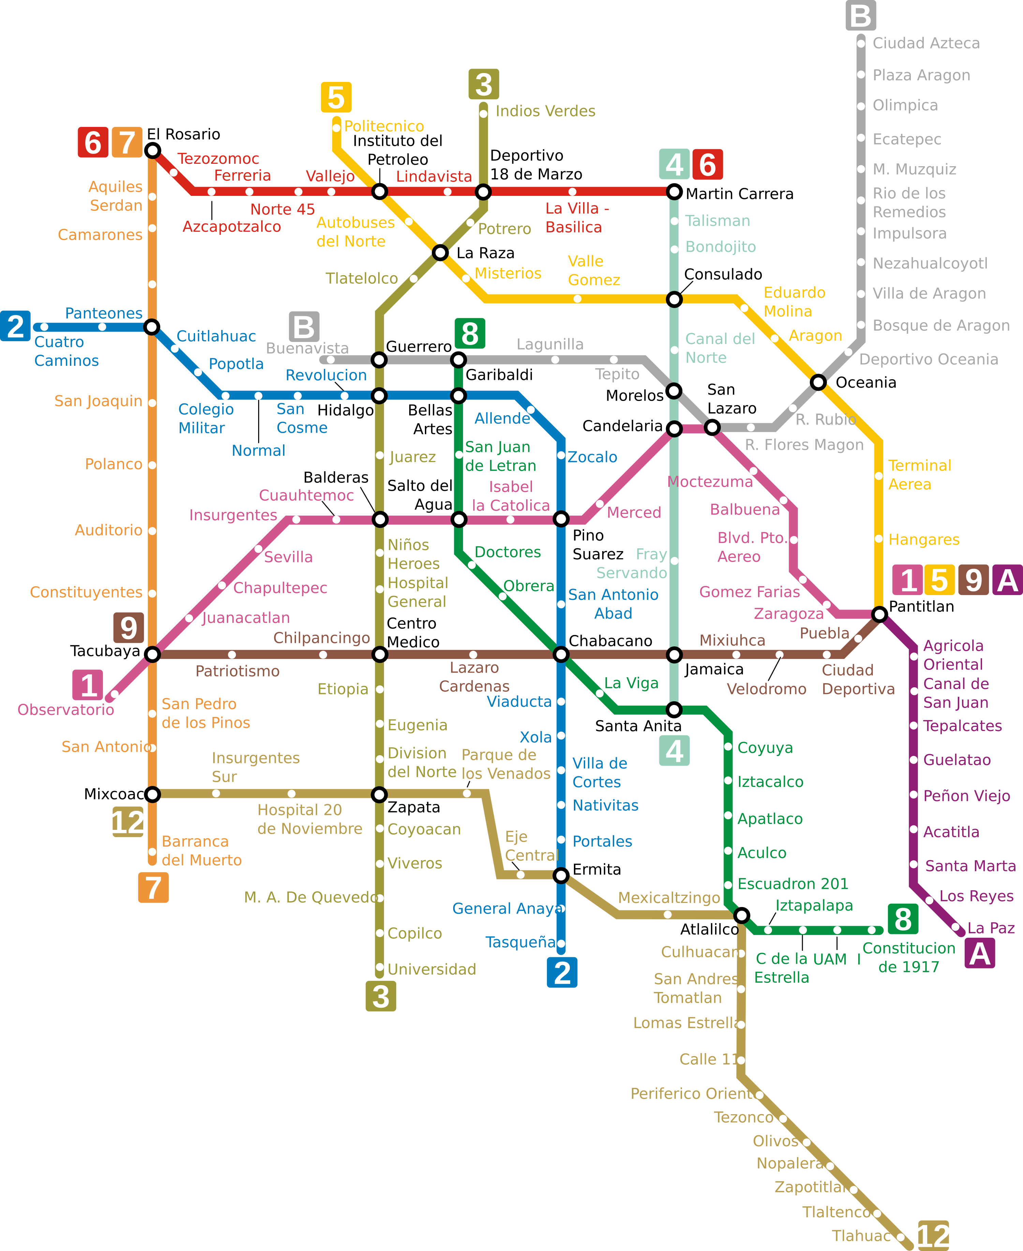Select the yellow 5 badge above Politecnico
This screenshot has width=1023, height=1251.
[336, 97]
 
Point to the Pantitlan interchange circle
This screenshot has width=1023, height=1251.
[879, 614]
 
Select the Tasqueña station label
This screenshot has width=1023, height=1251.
[520, 942]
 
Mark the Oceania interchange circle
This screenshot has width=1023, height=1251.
[818, 382]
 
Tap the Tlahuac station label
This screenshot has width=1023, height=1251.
[861, 1236]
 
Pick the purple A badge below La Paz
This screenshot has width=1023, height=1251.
[979, 953]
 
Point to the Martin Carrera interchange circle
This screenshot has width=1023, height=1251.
[674, 191]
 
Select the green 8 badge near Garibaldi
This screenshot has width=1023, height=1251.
[470, 334]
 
